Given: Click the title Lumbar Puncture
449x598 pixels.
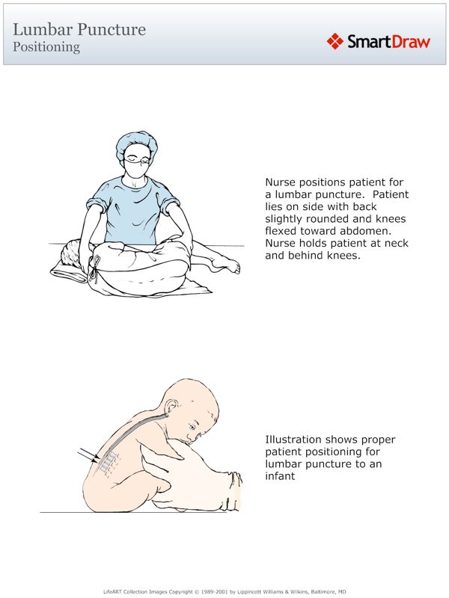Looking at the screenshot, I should click(x=79, y=30).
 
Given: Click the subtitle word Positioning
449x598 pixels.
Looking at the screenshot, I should click(x=46, y=46).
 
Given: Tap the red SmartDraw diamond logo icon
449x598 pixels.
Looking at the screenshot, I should click(x=335, y=41).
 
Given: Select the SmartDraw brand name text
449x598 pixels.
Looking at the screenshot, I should click(x=388, y=42).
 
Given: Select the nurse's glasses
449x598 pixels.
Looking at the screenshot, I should click(x=135, y=158).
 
